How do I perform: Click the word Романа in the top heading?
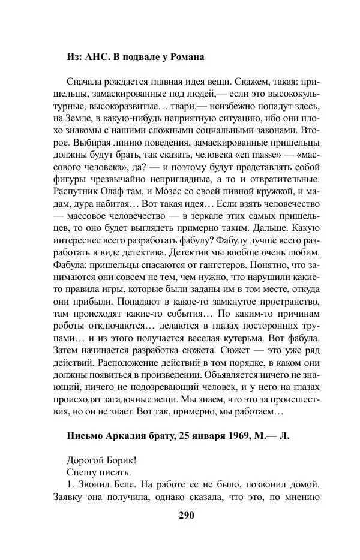point(185,58)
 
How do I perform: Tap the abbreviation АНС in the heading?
point(97,58)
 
